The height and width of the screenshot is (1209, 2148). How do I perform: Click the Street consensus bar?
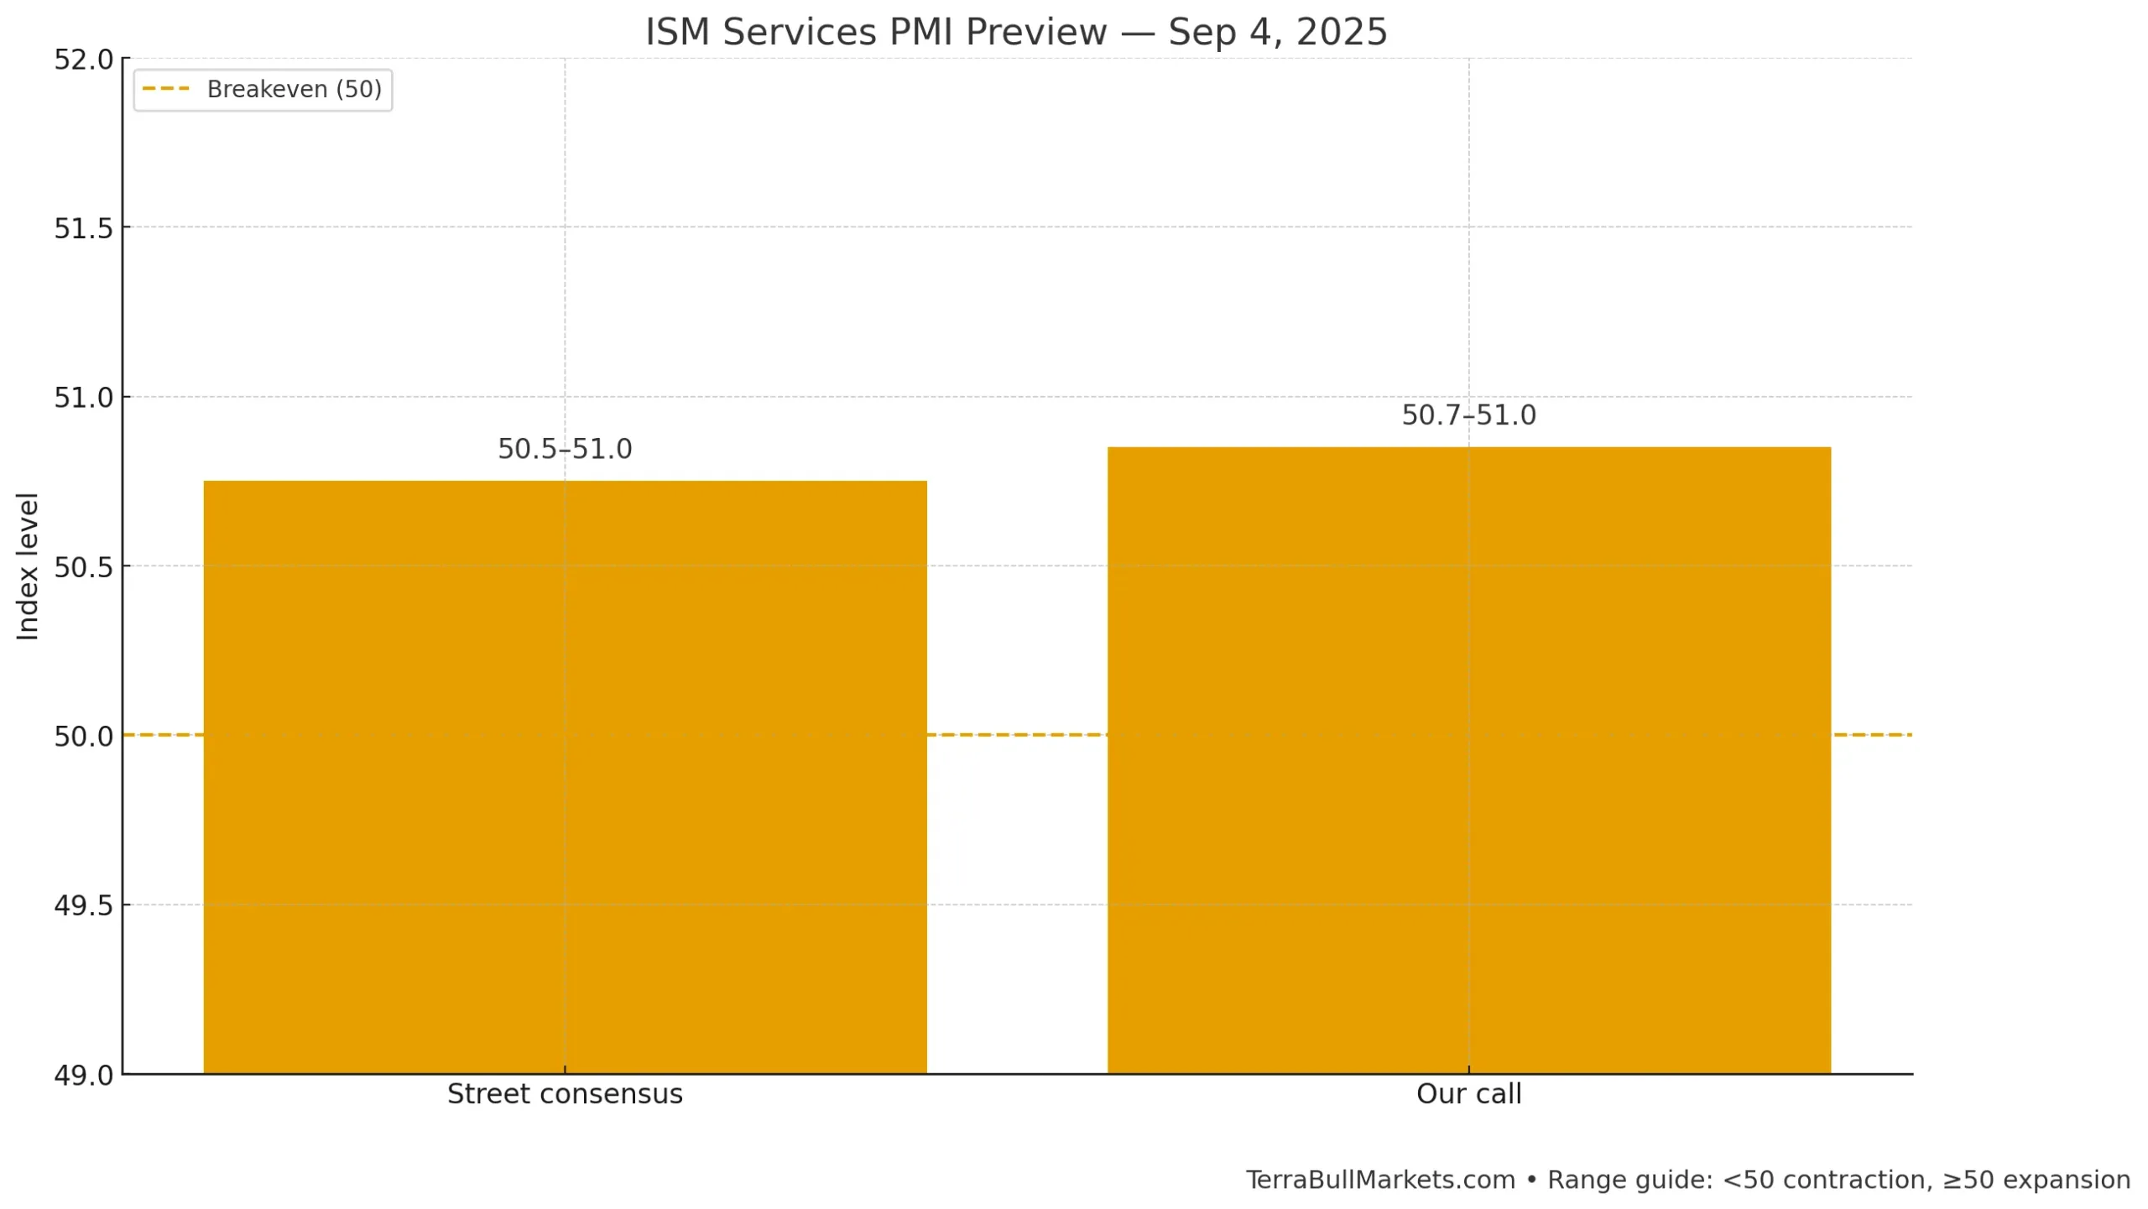coord(565,776)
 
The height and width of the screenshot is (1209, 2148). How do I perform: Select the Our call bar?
coord(1468,759)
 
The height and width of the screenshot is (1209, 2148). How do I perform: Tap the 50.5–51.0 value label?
coord(565,449)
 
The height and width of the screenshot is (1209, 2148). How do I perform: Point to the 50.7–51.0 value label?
coord(1468,415)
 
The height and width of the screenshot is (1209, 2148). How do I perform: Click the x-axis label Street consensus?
coord(565,1094)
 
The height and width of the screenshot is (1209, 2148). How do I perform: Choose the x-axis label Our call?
coord(1468,1094)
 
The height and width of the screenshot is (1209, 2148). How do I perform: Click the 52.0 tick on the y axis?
coord(83,60)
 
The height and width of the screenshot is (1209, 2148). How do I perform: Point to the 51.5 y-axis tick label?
coord(83,228)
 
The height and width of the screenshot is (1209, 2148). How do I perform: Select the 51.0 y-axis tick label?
coord(83,398)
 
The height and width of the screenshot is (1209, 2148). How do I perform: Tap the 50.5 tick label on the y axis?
coord(83,567)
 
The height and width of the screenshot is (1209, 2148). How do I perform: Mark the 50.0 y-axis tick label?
coord(83,737)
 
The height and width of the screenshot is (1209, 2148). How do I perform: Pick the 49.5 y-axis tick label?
coord(83,905)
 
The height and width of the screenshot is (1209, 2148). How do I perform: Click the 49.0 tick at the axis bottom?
coord(83,1076)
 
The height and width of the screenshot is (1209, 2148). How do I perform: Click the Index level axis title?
coord(28,566)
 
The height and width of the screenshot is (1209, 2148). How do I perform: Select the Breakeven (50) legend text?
coord(294,89)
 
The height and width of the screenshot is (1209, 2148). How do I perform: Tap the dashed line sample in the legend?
coord(166,89)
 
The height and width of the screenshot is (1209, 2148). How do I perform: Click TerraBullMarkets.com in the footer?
coord(1380,1180)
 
